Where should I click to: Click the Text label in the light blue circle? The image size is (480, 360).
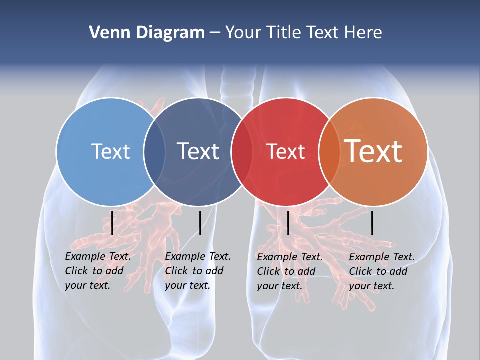coord(110,151)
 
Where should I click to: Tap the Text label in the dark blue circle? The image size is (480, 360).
coord(198,151)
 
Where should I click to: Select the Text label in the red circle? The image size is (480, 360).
coord(285,151)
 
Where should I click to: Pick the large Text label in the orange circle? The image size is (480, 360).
coord(373,151)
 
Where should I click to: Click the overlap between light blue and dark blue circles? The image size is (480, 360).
coord(154,151)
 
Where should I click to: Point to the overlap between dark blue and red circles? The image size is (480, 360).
coord(242,151)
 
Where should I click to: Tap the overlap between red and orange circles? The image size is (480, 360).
coord(329,151)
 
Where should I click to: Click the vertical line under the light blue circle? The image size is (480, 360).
coord(112,223)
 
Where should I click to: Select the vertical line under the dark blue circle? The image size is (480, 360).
coord(200,223)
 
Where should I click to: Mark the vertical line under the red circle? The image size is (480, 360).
coord(288,223)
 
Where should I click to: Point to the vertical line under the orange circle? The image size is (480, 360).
coord(372,223)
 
